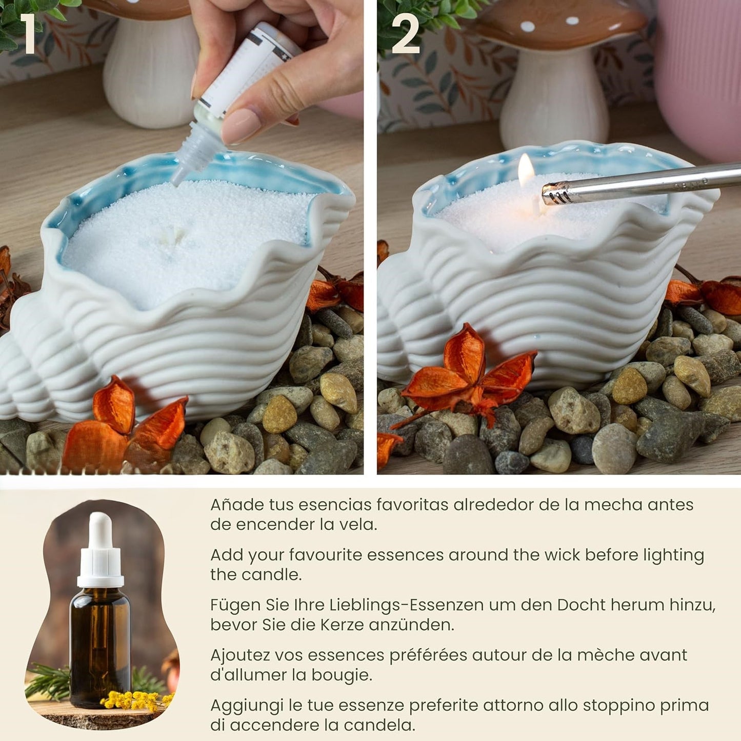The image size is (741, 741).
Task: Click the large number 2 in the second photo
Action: (405, 34)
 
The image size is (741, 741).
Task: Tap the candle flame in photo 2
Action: (526, 170)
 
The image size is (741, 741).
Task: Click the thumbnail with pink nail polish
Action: (241, 125)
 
